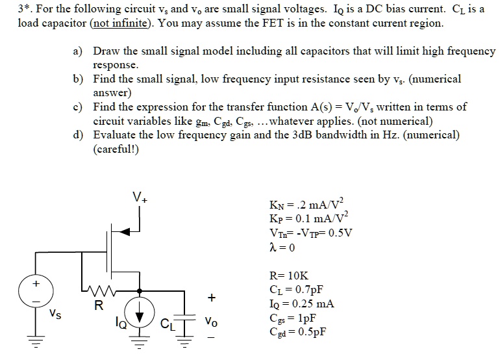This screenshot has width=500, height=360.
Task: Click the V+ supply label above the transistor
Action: [140, 197]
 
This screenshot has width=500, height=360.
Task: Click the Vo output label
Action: [211, 321]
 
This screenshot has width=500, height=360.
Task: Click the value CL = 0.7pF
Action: [296, 290]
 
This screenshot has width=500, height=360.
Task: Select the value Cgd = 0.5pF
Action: [297, 331]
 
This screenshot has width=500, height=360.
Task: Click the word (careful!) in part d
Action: [116, 149]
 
